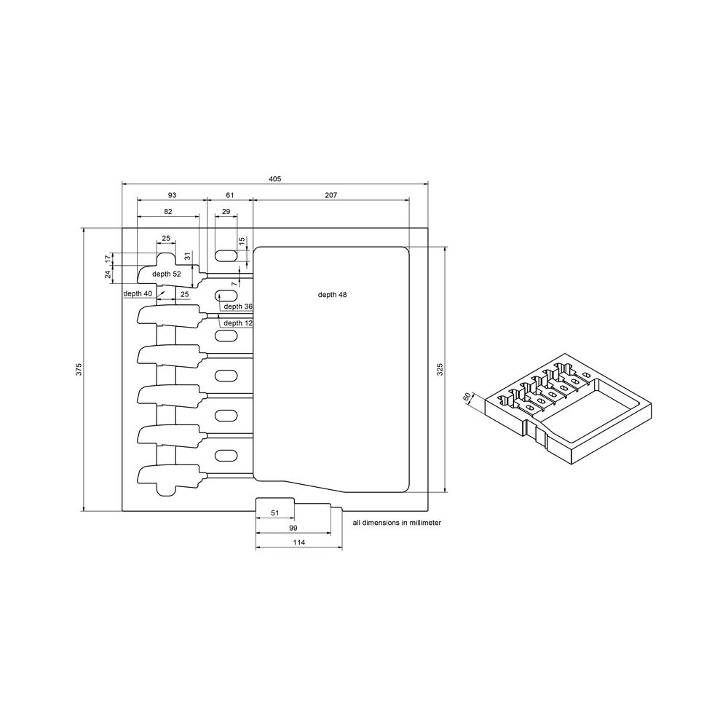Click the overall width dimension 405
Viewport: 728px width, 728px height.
(x=274, y=179)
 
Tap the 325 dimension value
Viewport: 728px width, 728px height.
(x=440, y=369)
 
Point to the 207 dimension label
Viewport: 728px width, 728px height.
(x=331, y=195)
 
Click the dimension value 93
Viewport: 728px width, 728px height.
(x=172, y=195)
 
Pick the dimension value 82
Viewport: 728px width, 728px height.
(x=168, y=211)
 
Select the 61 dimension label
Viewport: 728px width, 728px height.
(x=230, y=195)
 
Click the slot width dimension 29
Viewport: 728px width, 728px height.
(x=226, y=211)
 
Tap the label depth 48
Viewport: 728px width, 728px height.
(x=332, y=295)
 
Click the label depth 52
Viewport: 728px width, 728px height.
(x=167, y=274)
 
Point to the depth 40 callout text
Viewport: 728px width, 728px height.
(x=138, y=293)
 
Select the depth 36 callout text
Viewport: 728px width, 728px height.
(x=238, y=306)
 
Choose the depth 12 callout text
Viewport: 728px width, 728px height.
(x=238, y=323)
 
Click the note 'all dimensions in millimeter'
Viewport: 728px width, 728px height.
(x=397, y=523)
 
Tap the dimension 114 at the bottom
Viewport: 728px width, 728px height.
(x=298, y=543)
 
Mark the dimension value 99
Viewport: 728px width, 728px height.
(x=293, y=528)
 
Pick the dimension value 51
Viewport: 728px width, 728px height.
(x=275, y=513)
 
